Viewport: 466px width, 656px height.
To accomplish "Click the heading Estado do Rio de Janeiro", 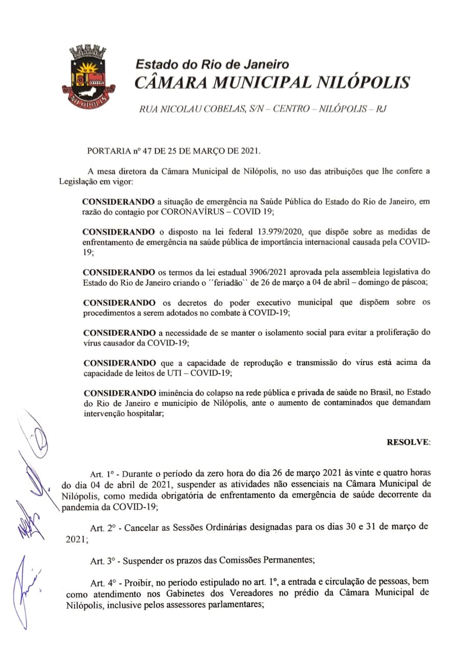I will (x=212, y=65).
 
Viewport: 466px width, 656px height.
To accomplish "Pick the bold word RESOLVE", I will (x=408, y=441).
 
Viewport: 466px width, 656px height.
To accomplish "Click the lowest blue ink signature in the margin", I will (x=23, y=589).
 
